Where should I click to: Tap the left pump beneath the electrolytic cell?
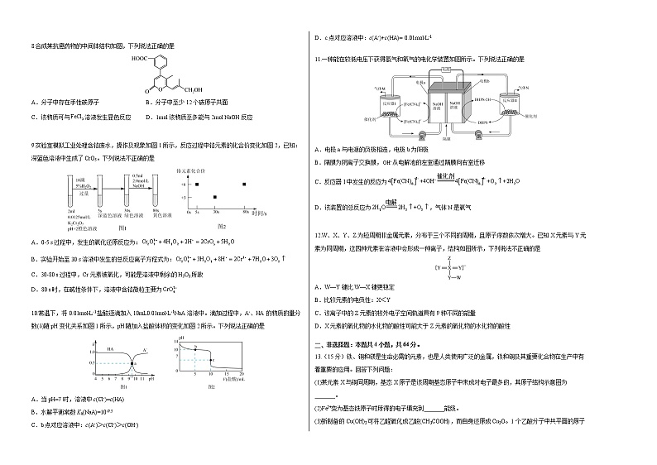pos(422,134)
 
